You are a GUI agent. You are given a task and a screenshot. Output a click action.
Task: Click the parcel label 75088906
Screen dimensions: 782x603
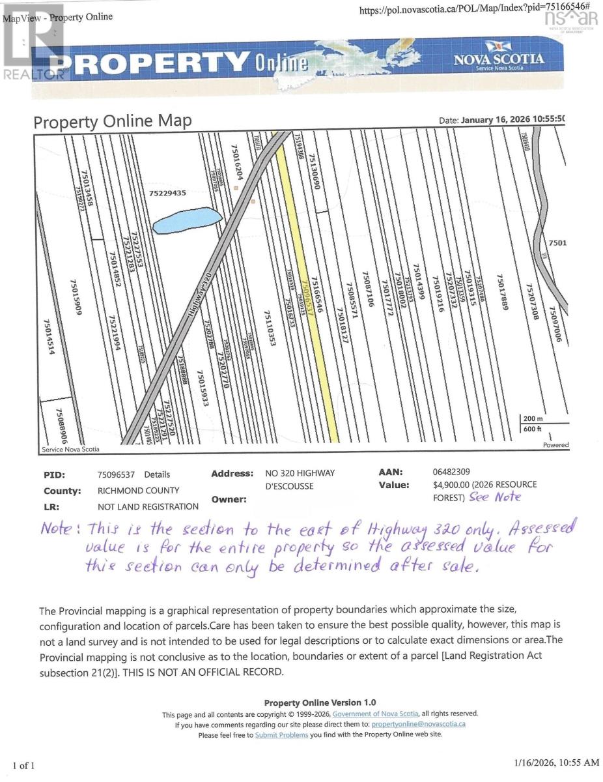click(60, 424)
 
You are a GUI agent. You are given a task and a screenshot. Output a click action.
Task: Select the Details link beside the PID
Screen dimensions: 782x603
click(157, 474)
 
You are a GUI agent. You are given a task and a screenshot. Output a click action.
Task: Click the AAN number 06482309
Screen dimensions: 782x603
click(451, 472)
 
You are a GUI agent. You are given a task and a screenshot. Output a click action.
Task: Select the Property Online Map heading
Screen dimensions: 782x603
click(113, 121)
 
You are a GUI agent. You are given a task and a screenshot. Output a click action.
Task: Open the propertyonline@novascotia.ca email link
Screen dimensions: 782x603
click(418, 724)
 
